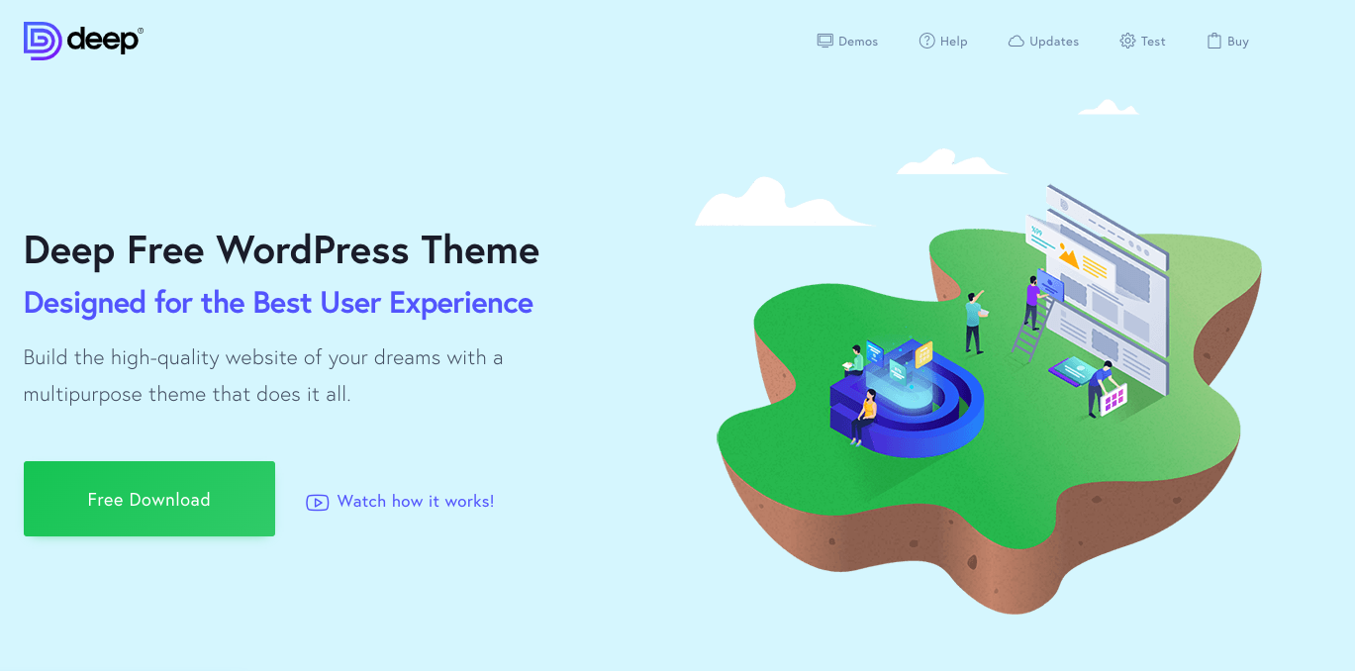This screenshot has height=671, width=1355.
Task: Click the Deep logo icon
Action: coord(43,41)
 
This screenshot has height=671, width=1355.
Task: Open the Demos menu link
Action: coord(847,42)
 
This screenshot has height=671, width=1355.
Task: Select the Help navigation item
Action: coord(943,42)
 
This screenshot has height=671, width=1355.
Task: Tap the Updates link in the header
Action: coord(1043,42)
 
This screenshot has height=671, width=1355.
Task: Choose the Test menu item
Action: coord(1142,42)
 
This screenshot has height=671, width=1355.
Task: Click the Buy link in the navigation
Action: coord(1228,42)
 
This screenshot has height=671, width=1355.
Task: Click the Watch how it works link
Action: coord(416,501)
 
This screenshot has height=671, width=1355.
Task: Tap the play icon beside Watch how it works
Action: coord(317,502)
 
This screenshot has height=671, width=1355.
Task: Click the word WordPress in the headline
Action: coord(313,249)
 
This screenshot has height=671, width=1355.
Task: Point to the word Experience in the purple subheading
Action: coord(461,303)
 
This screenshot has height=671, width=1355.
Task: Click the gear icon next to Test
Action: coord(1127,41)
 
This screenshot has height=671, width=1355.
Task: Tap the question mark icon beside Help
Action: coord(926,41)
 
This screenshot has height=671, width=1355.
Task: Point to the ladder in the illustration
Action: coord(1031,333)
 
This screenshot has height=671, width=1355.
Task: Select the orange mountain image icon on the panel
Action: coord(1068,256)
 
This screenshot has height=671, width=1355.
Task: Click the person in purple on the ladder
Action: coord(1032,303)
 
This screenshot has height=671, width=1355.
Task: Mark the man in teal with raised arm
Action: coord(973,322)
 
